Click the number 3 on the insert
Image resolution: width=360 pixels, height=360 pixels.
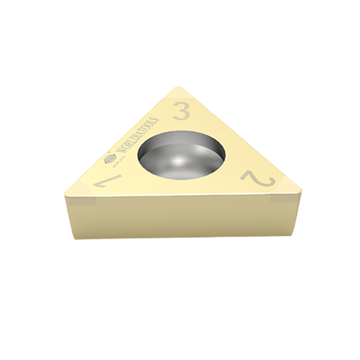point(181,112)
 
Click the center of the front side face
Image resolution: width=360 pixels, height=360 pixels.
point(180,217)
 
